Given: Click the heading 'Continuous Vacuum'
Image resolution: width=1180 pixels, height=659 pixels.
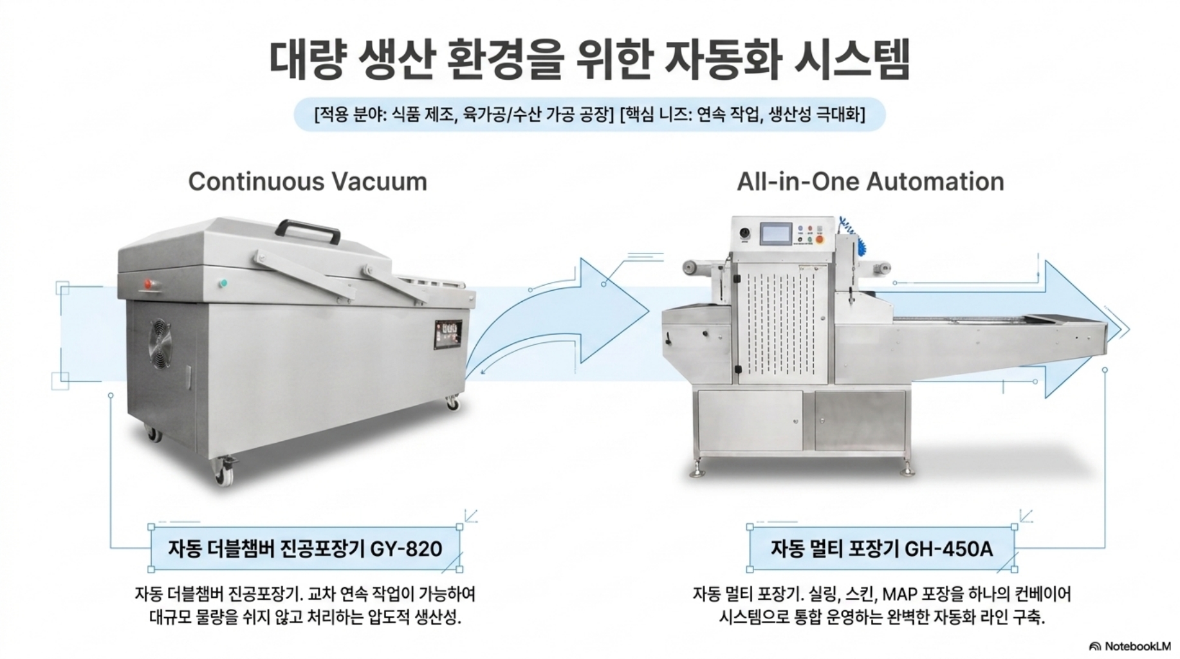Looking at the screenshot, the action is [308, 181].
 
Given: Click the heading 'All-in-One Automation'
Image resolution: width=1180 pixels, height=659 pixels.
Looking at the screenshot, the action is [871, 181].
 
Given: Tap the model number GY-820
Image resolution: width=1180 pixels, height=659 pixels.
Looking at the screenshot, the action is [406, 549].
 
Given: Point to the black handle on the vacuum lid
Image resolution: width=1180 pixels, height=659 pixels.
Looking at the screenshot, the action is [308, 230].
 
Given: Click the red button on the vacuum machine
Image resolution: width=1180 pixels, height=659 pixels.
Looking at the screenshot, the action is [149, 283].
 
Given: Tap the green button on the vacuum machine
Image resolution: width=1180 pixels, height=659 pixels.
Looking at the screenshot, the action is [224, 283].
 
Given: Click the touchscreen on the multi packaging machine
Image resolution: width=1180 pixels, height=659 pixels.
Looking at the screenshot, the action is [777, 233].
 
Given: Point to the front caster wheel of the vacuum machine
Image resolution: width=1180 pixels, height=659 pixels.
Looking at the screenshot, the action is [224, 472].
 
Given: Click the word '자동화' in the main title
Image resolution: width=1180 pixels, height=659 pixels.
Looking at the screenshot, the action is [719, 60].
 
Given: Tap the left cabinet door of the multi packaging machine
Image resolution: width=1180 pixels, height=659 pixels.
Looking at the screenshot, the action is [750, 421].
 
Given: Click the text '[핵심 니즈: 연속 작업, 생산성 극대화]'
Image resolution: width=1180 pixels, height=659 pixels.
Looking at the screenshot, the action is [742, 115].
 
